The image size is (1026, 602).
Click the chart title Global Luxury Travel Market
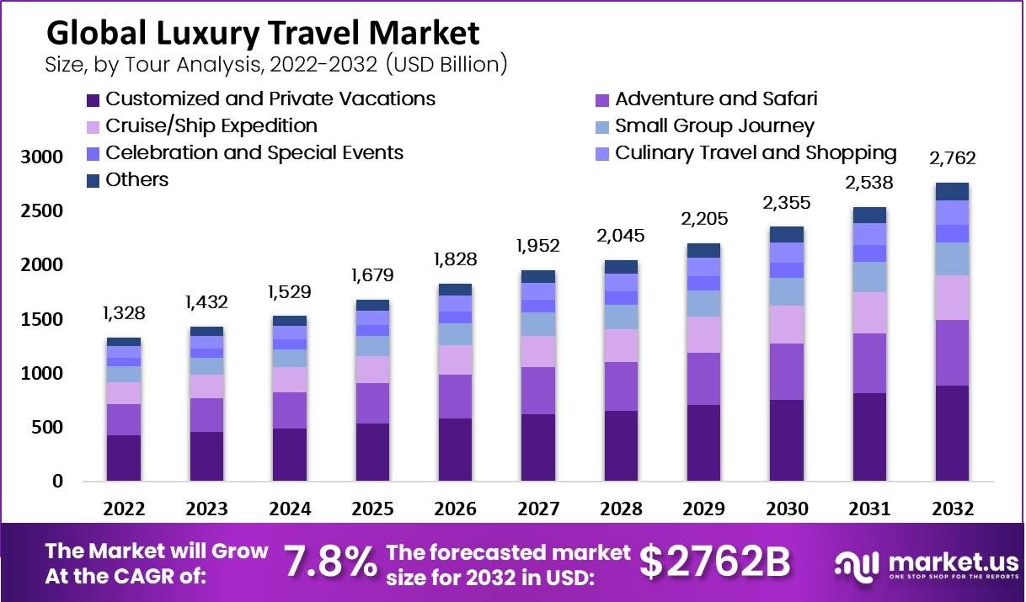coord(263,33)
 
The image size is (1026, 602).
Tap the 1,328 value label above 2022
coord(124,314)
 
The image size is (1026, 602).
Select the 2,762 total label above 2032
coord(952,158)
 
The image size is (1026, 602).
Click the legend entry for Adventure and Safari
coord(715,99)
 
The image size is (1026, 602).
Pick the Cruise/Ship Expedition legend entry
coord(211,126)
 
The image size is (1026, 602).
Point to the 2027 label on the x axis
coord(537,509)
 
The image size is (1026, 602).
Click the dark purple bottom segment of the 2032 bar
coord(952,434)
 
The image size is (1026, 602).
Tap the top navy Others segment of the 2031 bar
coord(869,215)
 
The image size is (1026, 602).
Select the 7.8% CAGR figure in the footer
coord(329,562)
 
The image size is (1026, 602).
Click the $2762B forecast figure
coord(714,562)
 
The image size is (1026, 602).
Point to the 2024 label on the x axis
coord(290,509)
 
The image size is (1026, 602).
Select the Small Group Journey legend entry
coord(713,126)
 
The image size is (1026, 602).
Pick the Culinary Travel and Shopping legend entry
coord(755,153)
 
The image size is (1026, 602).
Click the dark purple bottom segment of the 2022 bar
coord(124,458)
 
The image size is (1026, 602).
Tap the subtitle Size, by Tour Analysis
coord(277,64)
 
